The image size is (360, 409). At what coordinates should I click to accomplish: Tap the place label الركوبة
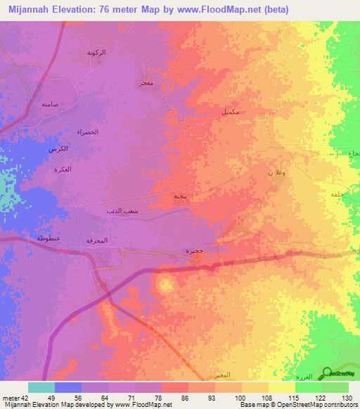96,53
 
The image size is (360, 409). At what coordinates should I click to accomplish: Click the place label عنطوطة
47,238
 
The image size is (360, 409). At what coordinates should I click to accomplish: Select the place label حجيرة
195,250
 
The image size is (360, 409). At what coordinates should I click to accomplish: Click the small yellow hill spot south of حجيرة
165,285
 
